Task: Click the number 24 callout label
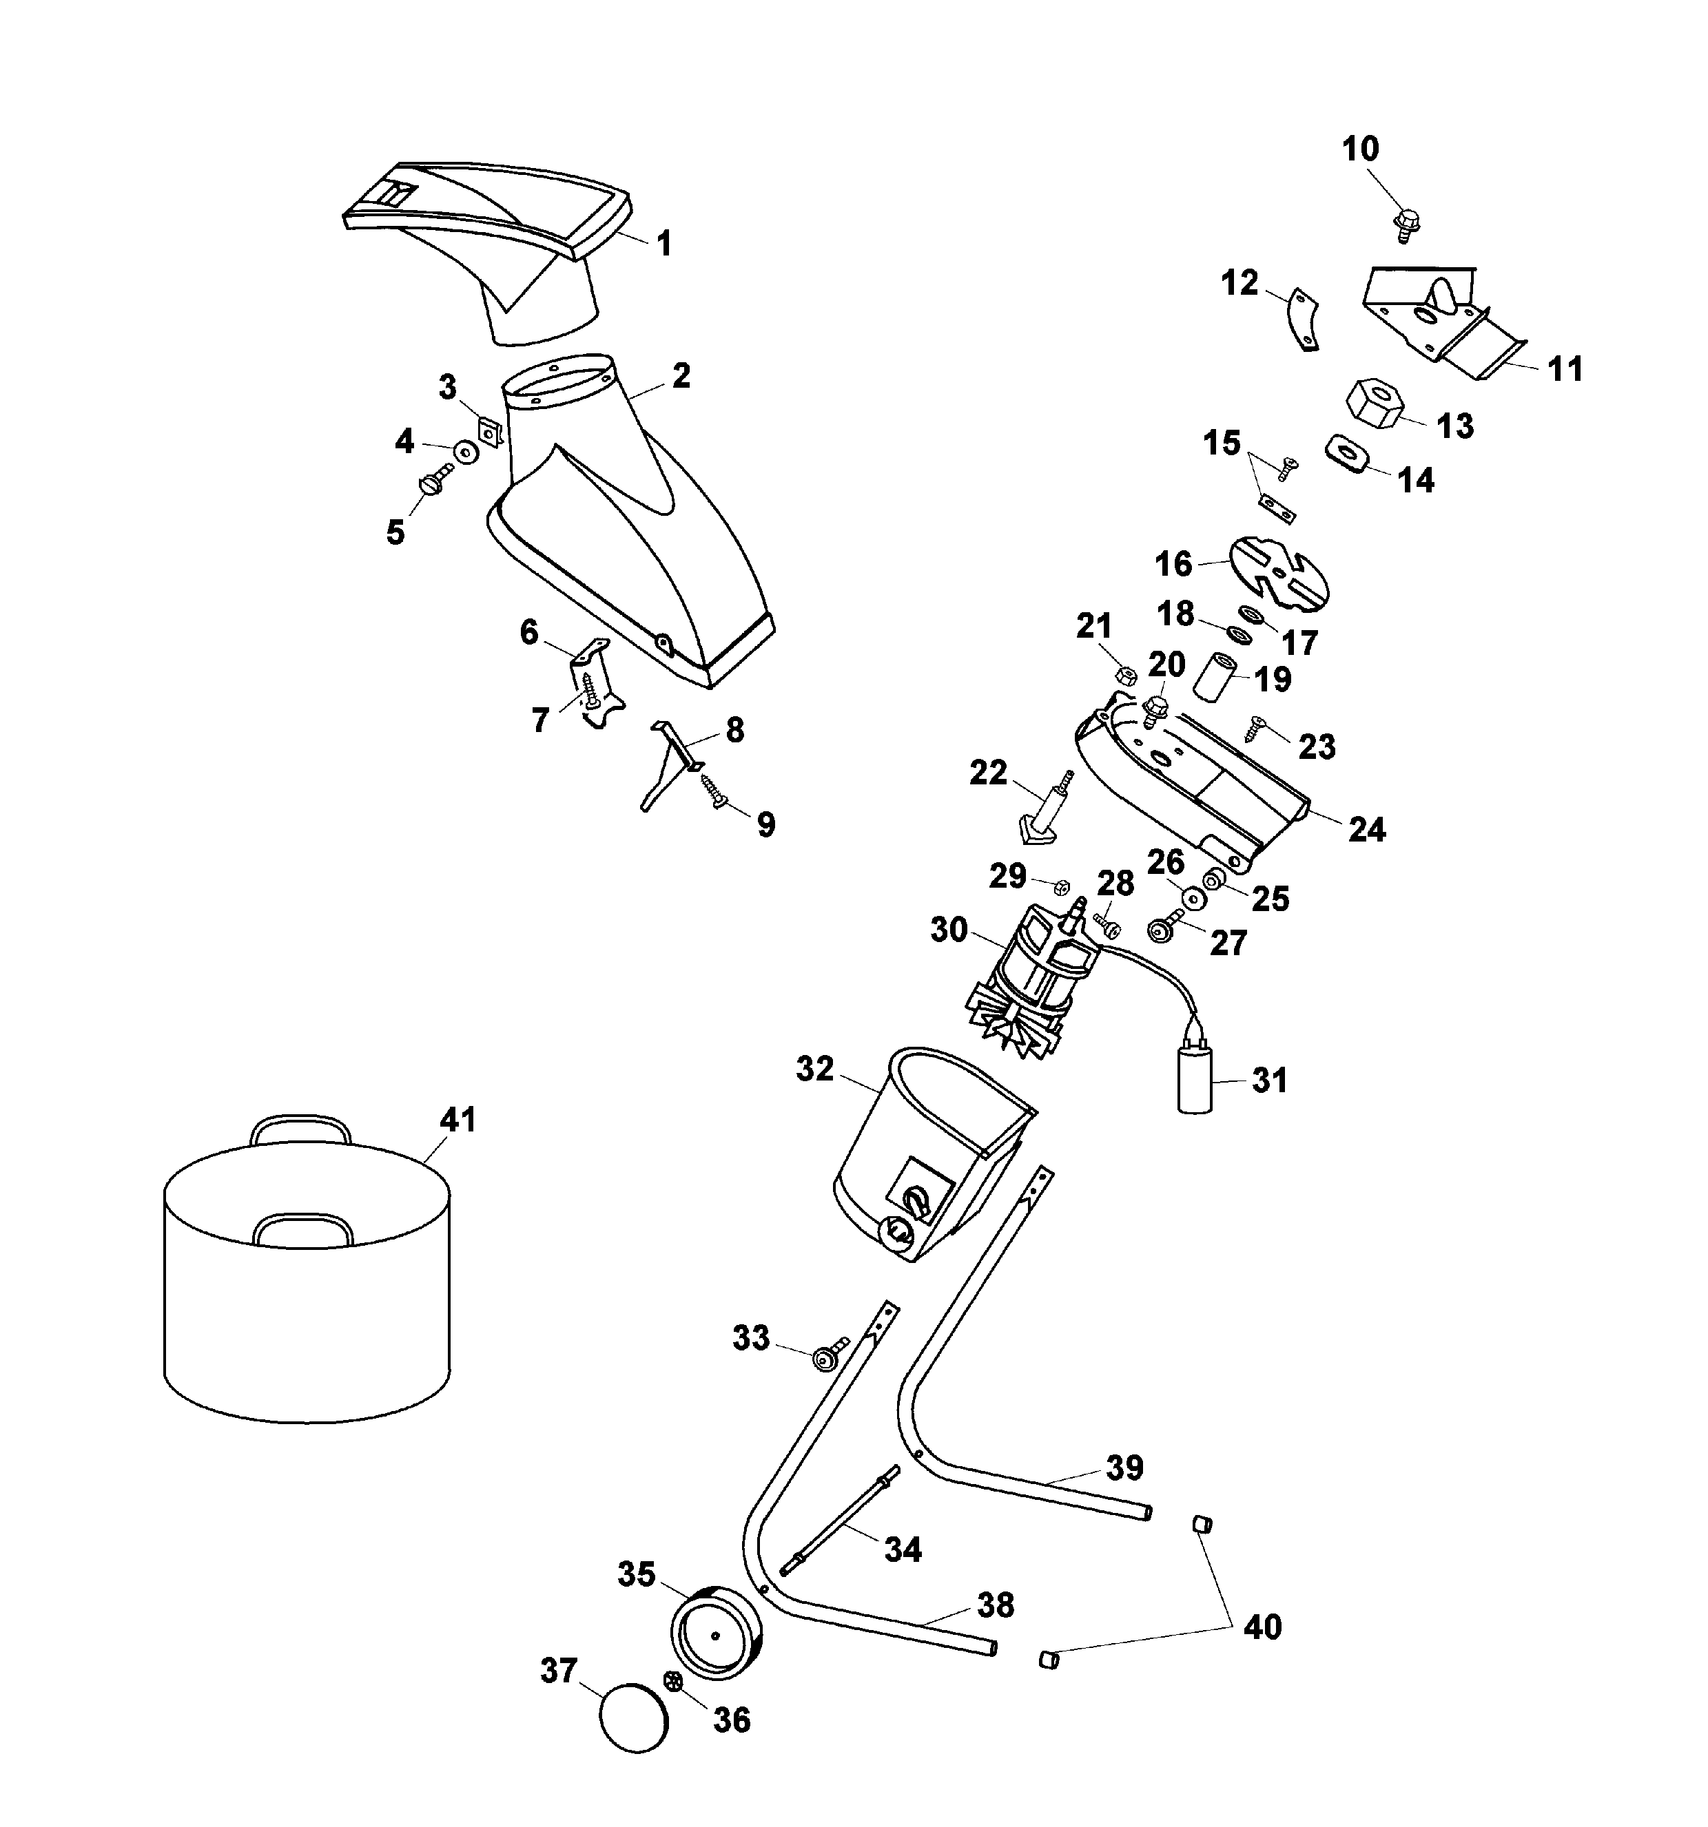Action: (x=1366, y=829)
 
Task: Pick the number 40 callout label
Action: (x=1262, y=1627)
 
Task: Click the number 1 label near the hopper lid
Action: (x=663, y=244)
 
